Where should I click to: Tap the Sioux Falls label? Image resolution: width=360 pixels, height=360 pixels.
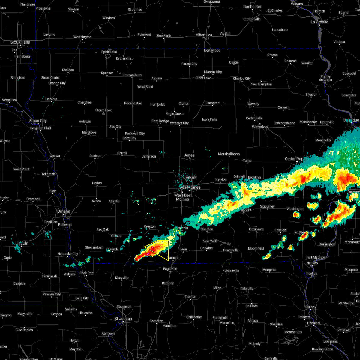[20, 42]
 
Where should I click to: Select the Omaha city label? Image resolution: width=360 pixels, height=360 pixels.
[64, 211]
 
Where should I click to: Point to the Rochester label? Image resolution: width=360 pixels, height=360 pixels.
[252, 7]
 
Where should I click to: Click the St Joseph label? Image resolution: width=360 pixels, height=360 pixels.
[123, 319]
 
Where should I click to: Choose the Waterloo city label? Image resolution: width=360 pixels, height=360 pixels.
[260, 127]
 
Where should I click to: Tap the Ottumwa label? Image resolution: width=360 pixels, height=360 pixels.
[256, 229]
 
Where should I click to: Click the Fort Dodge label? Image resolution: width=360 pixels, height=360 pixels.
[160, 121]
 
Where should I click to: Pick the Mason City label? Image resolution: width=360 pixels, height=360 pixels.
[213, 72]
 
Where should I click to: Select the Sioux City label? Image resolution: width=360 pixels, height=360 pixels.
[38, 121]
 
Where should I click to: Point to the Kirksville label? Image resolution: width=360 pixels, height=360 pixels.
[247, 289]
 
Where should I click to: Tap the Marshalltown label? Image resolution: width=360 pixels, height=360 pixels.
[229, 154]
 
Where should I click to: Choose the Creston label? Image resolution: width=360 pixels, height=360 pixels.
[150, 226]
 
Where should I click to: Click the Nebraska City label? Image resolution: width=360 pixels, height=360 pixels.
[68, 254]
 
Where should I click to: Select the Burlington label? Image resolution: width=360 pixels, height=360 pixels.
[327, 244]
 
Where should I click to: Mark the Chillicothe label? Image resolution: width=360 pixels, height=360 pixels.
[194, 317]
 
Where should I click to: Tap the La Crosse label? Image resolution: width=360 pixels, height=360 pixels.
[319, 22]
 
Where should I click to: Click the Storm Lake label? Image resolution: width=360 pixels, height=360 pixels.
[104, 110]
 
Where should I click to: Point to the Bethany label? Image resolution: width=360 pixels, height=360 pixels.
[168, 283]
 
